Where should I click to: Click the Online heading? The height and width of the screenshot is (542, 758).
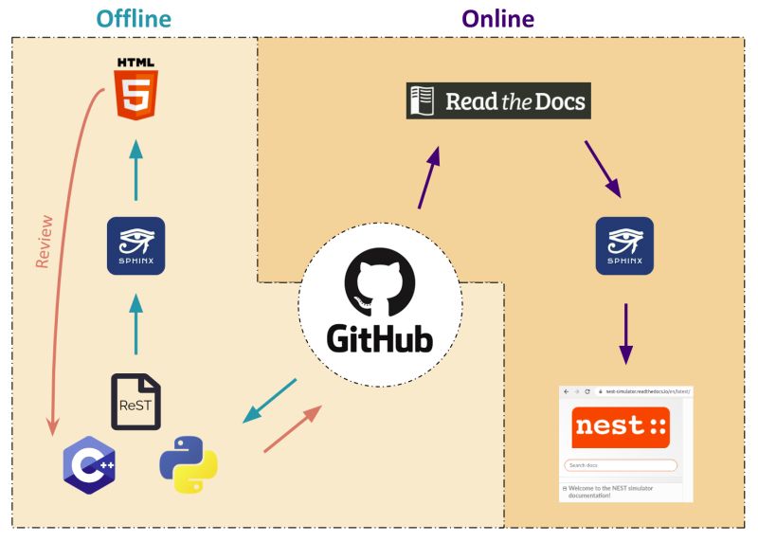pyautogui.click(x=497, y=19)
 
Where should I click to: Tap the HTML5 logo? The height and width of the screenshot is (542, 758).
pyautogui.click(x=135, y=88)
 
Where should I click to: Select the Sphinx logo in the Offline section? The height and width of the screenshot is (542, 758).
pyautogui.click(x=135, y=246)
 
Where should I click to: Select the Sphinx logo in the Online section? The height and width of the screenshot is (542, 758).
pyautogui.click(x=623, y=246)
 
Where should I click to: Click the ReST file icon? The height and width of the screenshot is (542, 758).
pyautogui.click(x=135, y=402)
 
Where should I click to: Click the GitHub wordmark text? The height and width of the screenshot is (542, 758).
pyautogui.click(x=379, y=338)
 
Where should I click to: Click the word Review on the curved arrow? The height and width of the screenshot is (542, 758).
pyautogui.click(x=44, y=243)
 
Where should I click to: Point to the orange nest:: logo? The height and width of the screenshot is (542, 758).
pyautogui.click(x=620, y=426)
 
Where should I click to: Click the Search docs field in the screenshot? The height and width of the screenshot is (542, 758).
pyautogui.click(x=620, y=465)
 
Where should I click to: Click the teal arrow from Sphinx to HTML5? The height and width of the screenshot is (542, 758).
pyautogui.click(x=135, y=171)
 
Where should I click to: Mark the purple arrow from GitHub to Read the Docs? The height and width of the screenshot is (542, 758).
pyautogui.click(x=429, y=177)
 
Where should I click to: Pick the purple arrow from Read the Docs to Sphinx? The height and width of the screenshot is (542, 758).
pyautogui.click(x=602, y=169)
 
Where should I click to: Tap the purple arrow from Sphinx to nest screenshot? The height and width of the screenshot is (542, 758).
pyautogui.click(x=623, y=332)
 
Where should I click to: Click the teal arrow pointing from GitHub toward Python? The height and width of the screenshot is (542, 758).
pyautogui.click(x=270, y=401)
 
